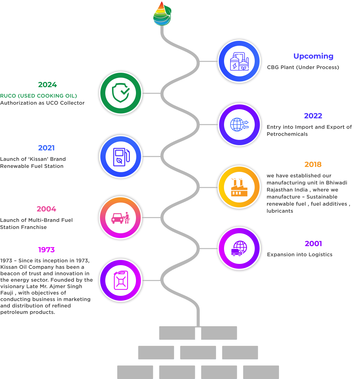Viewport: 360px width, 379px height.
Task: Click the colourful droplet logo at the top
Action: tap(162, 14)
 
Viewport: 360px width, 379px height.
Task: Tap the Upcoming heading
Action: tap(313, 56)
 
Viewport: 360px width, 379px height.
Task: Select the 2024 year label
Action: tap(48, 85)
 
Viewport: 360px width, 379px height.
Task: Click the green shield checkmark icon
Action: tap(121, 93)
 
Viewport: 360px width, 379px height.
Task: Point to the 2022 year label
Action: tap(313, 116)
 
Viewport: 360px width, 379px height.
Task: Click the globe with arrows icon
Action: tap(239, 125)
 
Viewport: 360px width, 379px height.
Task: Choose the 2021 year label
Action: tap(46, 148)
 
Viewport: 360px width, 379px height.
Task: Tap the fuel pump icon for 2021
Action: tap(121, 157)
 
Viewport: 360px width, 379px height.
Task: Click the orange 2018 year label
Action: tap(313, 164)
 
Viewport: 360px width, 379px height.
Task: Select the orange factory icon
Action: tap(239, 187)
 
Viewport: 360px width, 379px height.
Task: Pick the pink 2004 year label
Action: tap(46, 209)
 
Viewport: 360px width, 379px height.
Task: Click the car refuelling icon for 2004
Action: tap(121, 218)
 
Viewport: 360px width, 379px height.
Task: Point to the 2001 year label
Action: tap(313, 244)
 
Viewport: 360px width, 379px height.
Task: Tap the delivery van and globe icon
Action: tap(239, 249)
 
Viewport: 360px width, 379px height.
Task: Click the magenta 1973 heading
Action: tap(46, 250)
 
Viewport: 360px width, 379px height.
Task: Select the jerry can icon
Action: tap(121, 280)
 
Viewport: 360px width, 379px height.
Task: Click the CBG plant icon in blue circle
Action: tap(239, 61)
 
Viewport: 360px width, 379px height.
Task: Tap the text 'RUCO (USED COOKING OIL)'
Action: tap(39, 96)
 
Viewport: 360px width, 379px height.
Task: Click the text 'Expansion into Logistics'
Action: tap(300, 254)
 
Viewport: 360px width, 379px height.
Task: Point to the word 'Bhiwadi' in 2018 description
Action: tap(337, 183)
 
